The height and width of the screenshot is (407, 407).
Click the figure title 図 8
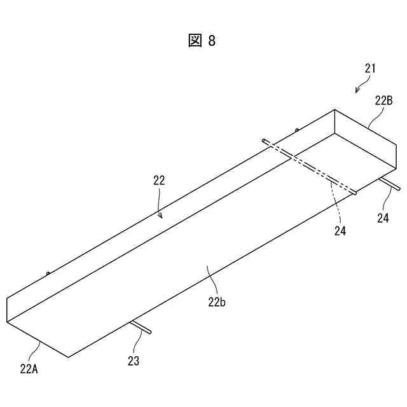[x=202, y=41]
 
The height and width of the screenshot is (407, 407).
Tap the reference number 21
[x=371, y=68]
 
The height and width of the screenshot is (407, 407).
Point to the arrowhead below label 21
[x=357, y=90]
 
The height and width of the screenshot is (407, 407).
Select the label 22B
[x=384, y=100]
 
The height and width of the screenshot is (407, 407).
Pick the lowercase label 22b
[x=217, y=302]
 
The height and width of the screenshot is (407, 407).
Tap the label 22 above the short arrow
[x=159, y=181]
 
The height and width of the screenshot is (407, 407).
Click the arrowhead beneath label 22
[x=162, y=216]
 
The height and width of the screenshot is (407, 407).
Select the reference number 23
[x=134, y=361]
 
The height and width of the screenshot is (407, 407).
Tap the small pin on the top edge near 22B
[x=297, y=131]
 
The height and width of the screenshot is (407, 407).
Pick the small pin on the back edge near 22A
[x=48, y=274]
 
